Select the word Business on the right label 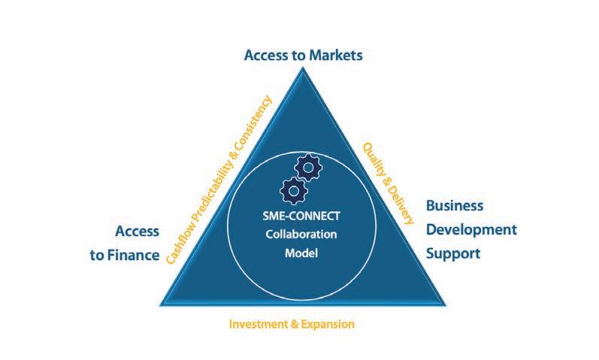(454, 206)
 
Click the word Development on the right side (471, 229)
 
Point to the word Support (452, 253)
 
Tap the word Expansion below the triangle (327, 325)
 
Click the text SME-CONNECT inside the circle (299, 219)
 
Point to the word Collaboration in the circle (301, 235)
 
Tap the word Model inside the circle (301, 253)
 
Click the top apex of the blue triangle (301, 68)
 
